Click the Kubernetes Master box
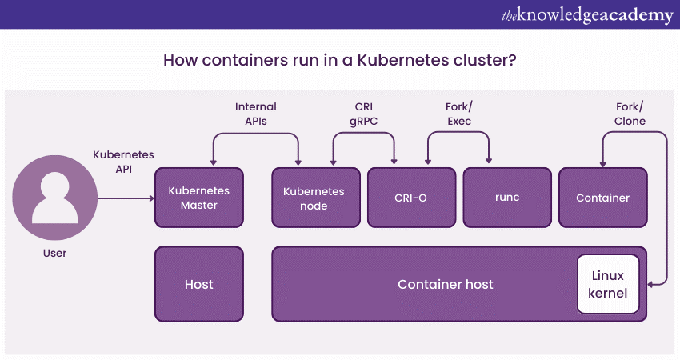point(198,198)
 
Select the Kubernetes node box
point(314,198)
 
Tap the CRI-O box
point(410,198)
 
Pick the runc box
point(507,198)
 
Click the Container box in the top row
point(602,198)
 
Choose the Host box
point(198,284)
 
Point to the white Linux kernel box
point(608,284)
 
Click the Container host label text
point(446,284)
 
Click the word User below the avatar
point(55,253)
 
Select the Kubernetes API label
point(123,161)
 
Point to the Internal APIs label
point(255,114)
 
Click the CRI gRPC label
point(364,114)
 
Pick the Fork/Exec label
point(458,114)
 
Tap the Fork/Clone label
point(630,114)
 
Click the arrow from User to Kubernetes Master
point(124,198)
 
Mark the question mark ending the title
point(511,60)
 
